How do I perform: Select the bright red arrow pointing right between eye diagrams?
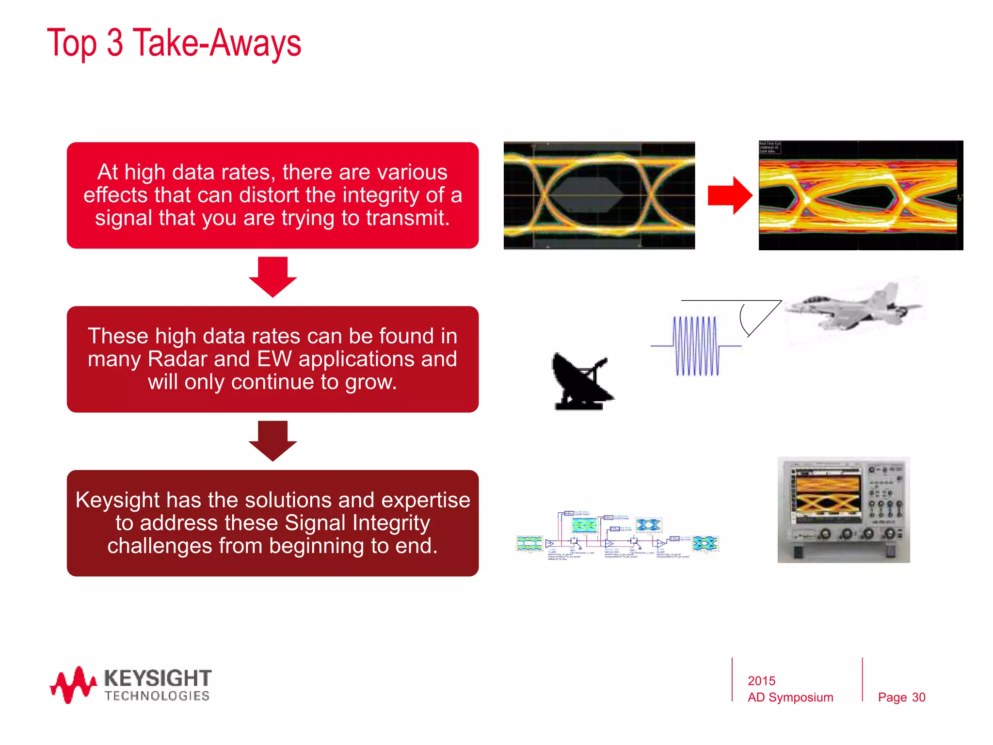[729, 195]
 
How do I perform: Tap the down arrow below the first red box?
[272, 276]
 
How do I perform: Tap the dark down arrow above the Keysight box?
[272, 440]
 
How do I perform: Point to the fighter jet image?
[853, 308]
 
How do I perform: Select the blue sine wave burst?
[696, 346]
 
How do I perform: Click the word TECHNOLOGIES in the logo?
[157, 696]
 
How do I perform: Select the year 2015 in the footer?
[761, 680]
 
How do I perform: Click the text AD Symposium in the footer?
[790, 697]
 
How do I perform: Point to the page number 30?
[918, 697]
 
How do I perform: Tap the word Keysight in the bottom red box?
[118, 500]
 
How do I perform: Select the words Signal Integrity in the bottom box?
[357, 523]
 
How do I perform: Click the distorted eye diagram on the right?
[861, 195]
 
